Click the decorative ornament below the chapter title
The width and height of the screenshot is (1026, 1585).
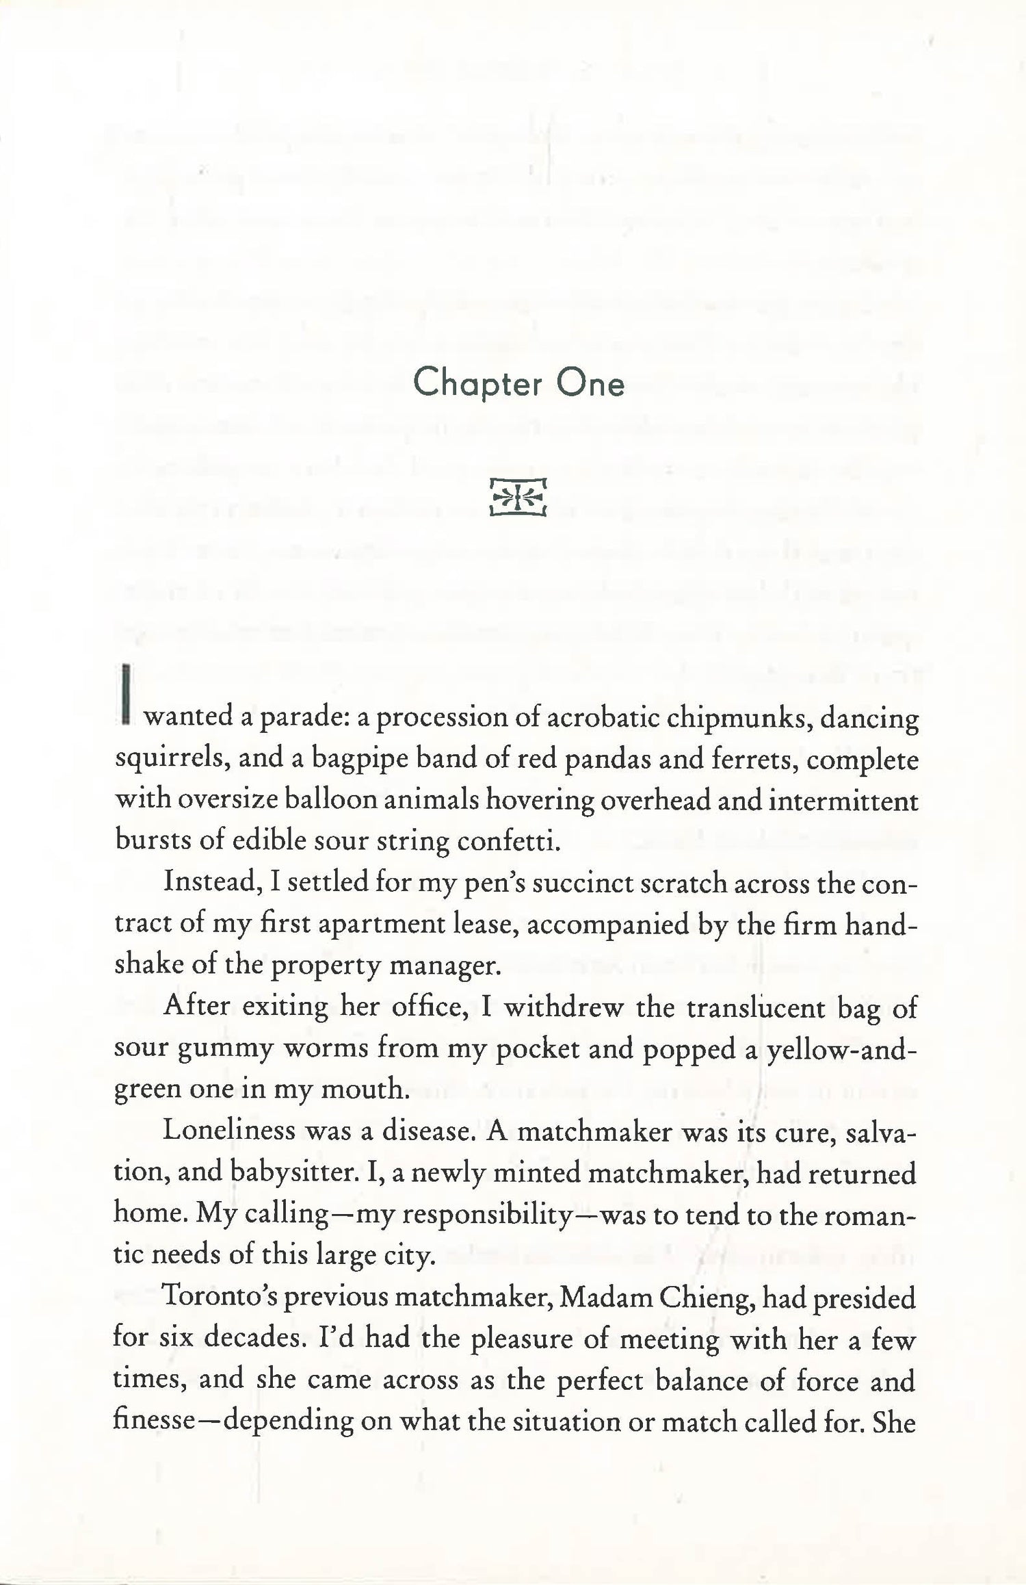coord(518,497)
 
